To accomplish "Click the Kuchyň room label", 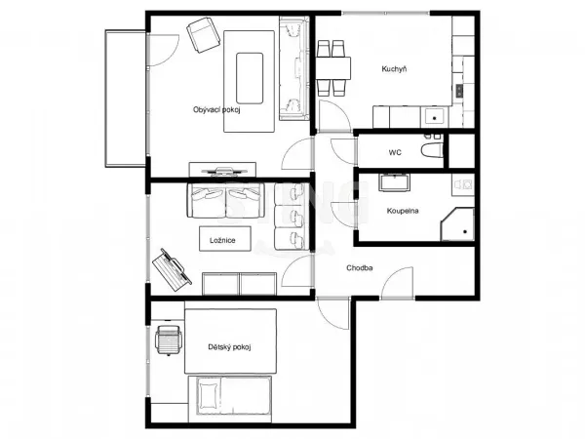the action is coord(394,69).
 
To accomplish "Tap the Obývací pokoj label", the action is coord(216,109).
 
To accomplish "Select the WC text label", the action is coord(395,152).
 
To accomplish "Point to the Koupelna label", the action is coord(403,211).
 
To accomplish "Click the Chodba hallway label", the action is coord(359,267).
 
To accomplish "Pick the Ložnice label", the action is coord(222,240).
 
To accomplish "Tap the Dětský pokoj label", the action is coord(229,347).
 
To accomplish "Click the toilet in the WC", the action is coord(432,149).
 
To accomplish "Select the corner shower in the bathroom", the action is coord(457,224).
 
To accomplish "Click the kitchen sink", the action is coord(434,116).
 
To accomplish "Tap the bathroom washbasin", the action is coord(394,182).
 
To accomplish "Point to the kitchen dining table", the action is coord(333,68).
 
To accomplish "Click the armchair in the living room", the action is coord(204,35).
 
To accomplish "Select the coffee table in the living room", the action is coord(250,78).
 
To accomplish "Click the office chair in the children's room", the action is coord(169,339).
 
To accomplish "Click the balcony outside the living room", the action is coord(126,99).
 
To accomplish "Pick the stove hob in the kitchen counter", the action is coord(459,91).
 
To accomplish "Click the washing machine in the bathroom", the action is coord(463,184).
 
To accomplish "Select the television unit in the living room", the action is coord(222,170).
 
